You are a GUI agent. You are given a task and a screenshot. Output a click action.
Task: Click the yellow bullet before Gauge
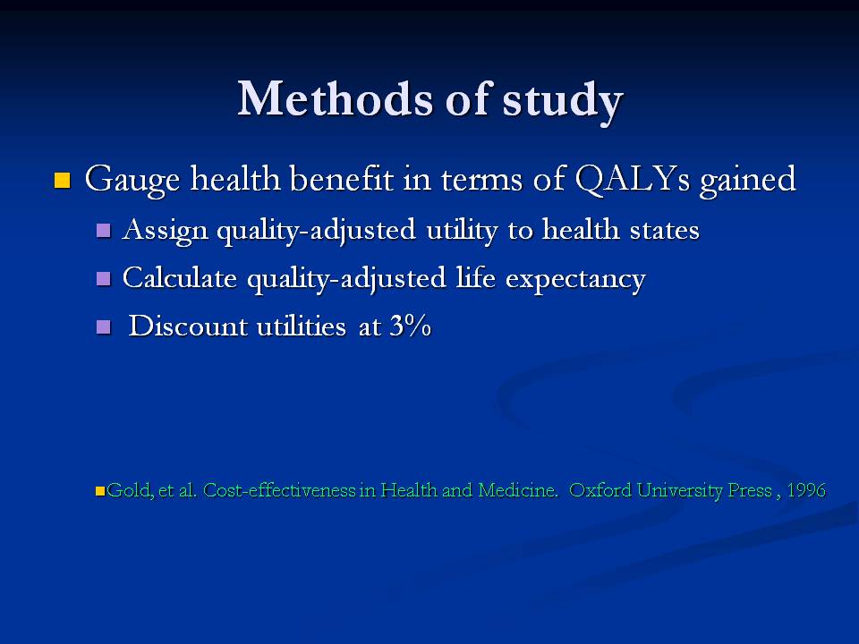click(x=63, y=180)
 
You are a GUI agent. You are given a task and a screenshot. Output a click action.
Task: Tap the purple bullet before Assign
click(x=104, y=230)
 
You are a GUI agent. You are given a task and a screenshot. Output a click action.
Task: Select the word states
click(x=665, y=231)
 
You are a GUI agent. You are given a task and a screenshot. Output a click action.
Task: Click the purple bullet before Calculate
click(x=104, y=278)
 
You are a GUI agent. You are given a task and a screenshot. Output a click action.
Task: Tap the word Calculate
click(x=180, y=277)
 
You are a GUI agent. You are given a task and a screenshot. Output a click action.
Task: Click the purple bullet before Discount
click(x=104, y=327)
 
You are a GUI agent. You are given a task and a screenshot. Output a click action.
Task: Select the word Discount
click(x=188, y=326)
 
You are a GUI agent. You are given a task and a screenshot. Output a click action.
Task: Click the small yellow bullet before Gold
click(x=100, y=491)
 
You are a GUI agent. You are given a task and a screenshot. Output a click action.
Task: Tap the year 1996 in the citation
click(x=806, y=489)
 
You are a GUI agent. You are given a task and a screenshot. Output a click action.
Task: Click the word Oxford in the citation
click(x=600, y=489)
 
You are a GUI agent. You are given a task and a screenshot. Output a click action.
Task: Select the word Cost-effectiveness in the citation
click(x=279, y=489)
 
